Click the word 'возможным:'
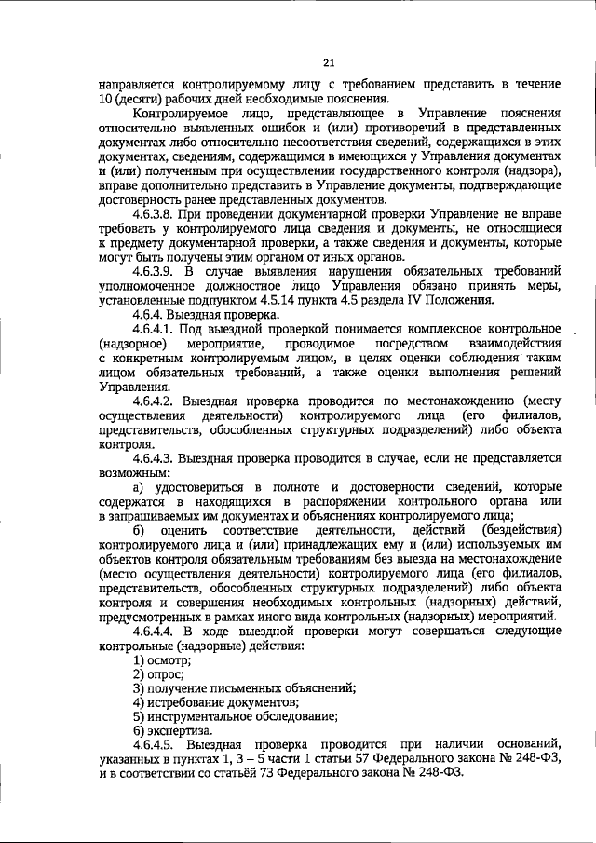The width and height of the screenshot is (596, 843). coord(130,471)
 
